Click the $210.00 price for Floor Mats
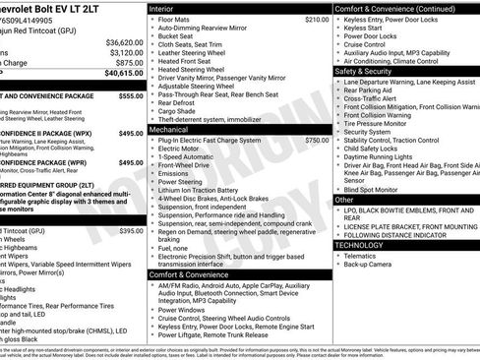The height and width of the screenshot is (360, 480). click(x=317, y=19)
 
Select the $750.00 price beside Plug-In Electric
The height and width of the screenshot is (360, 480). click(x=317, y=141)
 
